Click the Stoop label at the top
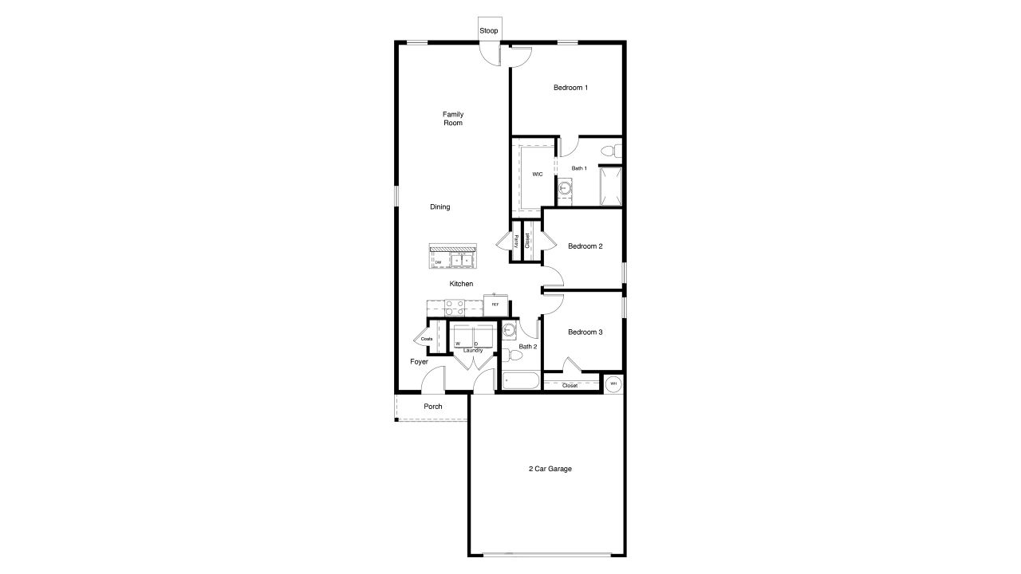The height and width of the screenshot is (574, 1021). coord(489,31)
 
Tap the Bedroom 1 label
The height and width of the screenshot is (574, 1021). coord(570,88)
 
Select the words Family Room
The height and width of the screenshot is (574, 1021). coord(453,119)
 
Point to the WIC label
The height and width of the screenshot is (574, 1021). coord(538,175)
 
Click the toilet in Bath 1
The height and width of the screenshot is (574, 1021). coord(609,150)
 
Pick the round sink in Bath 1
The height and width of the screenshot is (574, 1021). coord(565,189)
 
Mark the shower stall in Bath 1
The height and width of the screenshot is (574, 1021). coord(611,186)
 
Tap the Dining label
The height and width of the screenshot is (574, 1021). coord(440,207)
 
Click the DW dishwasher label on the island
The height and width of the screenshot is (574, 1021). coord(438,262)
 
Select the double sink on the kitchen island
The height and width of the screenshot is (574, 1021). coord(462,260)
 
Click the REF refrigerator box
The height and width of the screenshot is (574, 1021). coord(495,305)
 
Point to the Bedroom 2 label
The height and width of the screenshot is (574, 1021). coord(585,246)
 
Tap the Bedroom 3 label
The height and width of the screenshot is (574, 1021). coord(585,332)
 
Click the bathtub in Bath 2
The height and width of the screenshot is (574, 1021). coord(520,381)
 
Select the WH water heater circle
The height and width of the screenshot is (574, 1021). coord(613,384)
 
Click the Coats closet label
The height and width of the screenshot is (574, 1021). coord(427,339)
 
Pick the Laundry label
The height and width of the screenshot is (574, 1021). coord(472,350)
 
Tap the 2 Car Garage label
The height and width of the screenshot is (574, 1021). coord(550,469)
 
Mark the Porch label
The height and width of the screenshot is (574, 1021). coord(433,407)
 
